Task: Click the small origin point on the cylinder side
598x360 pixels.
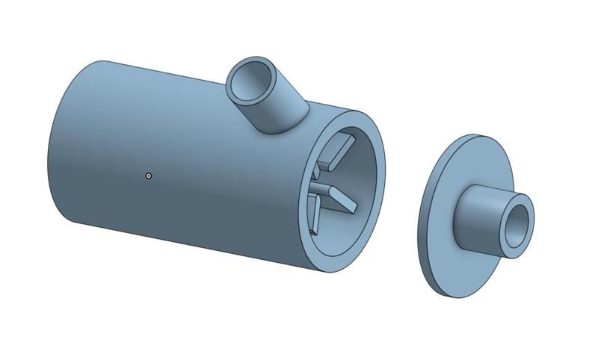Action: coord(149,176)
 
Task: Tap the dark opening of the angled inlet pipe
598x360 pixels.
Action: coord(250,79)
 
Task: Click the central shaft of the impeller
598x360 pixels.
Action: coord(319,187)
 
